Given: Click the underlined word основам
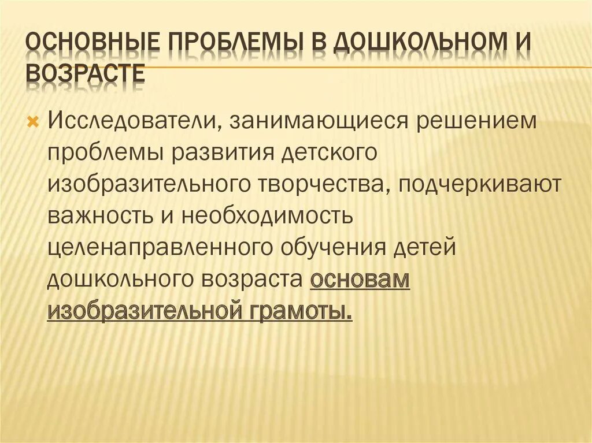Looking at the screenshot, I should pyautogui.click(x=360, y=280).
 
